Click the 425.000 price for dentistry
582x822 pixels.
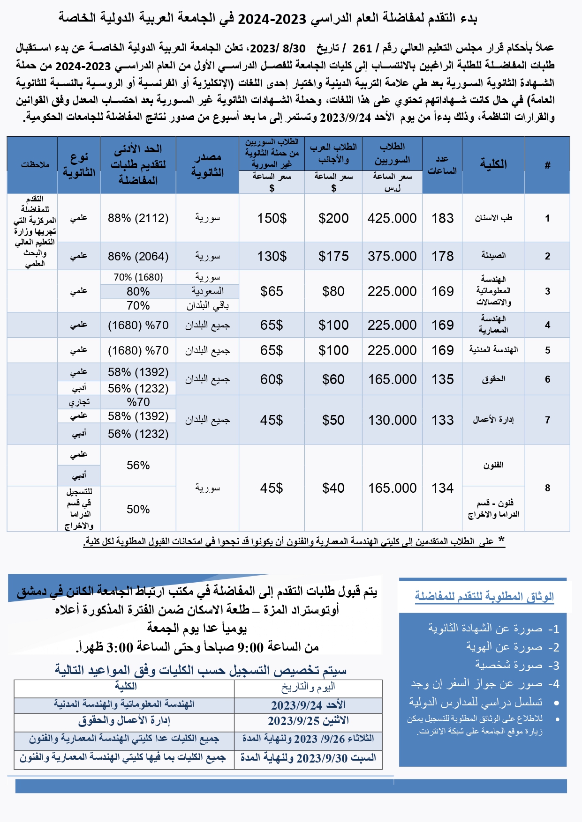click(392, 218)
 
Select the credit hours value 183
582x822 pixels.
click(442, 218)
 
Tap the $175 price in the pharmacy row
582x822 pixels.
click(333, 256)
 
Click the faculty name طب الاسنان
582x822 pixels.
click(493, 218)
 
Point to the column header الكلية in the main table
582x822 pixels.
click(493, 164)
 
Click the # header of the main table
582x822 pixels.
click(547, 165)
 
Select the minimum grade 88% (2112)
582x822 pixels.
click(138, 218)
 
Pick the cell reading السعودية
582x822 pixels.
click(207, 291)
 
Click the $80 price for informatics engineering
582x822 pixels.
click(333, 291)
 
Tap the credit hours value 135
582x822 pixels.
click(442, 379)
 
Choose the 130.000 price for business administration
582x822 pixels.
click(392, 420)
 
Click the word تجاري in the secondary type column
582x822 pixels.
click(79, 402)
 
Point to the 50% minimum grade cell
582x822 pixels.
click(138, 510)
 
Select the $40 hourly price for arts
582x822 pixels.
click(333, 488)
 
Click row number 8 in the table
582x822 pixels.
click(547, 488)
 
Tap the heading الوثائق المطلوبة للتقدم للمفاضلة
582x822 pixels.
click(484, 597)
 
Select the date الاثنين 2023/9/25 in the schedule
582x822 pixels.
click(308, 721)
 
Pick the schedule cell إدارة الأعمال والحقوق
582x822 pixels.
click(124, 721)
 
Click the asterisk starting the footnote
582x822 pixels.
click(501, 540)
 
